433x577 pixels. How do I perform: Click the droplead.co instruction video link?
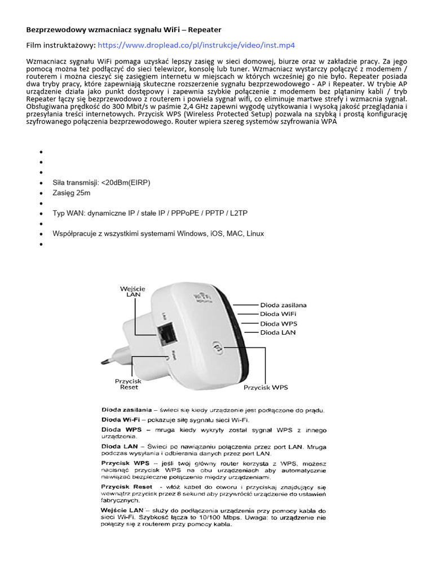click(x=197, y=45)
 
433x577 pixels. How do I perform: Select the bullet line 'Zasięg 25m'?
click(x=72, y=193)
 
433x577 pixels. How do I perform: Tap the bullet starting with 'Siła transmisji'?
click(x=101, y=183)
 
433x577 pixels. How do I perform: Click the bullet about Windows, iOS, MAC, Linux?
click(x=158, y=233)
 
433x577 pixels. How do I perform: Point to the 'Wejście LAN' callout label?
click(x=132, y=291)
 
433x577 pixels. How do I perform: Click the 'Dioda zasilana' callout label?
click(x=284, y=305)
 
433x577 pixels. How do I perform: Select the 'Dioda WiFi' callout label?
click(x=278, y=314)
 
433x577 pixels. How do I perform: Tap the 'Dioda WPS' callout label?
click(x=279, y=323)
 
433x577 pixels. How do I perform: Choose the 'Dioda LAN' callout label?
click(x=277, y=332)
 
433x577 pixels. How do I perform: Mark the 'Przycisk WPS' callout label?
click(x=266, y=388)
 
